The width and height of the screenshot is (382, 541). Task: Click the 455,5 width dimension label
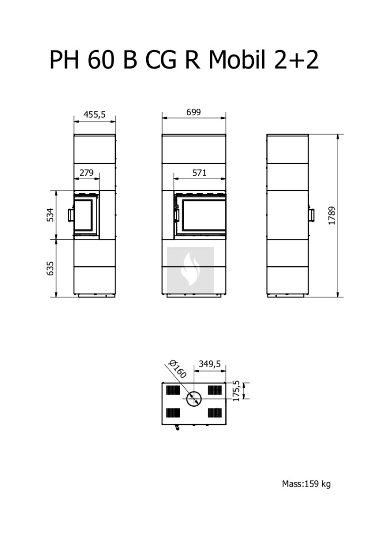94,114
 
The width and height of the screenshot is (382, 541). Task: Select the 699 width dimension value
193,112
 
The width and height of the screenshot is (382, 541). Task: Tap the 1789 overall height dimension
332,216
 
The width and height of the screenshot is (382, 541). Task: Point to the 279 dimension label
87,173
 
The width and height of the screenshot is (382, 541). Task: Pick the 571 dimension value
199,173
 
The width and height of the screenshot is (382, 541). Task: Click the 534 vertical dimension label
50,214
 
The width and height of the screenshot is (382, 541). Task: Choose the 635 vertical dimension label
50,268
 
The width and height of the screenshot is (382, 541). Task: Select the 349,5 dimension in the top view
210,364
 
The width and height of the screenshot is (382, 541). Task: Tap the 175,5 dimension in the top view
236,390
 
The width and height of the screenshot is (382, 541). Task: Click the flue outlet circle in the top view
194,399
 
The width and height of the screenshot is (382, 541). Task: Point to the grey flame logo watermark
191,270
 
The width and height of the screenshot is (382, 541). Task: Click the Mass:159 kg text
306,484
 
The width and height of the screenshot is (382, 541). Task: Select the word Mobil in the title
237,60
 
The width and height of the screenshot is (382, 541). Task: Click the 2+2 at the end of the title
296,60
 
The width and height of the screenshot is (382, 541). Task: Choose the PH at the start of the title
64,60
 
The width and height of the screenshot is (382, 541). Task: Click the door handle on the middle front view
177,214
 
